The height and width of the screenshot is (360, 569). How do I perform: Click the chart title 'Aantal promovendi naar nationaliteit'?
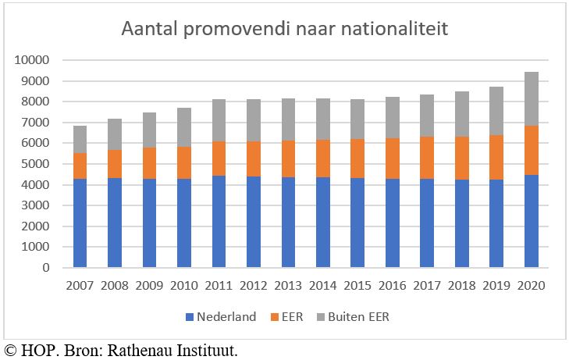tap(284, 30)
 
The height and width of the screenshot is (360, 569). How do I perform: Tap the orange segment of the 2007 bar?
tap(80, 166)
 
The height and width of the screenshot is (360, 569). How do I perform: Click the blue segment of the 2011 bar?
tap(219, 222)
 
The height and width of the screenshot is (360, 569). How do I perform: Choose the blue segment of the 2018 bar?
tap(461, 224)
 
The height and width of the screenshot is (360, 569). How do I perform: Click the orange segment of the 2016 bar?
tap(392, 159)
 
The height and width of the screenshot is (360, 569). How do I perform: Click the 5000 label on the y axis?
tap(35, 164)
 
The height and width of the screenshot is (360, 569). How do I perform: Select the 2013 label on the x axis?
tap(288, 286)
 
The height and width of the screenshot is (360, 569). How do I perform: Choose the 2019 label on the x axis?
tap(496, 286)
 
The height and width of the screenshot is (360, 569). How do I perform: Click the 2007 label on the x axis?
tap(80, 286)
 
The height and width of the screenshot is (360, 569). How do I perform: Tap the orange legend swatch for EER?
tap(276, 318)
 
